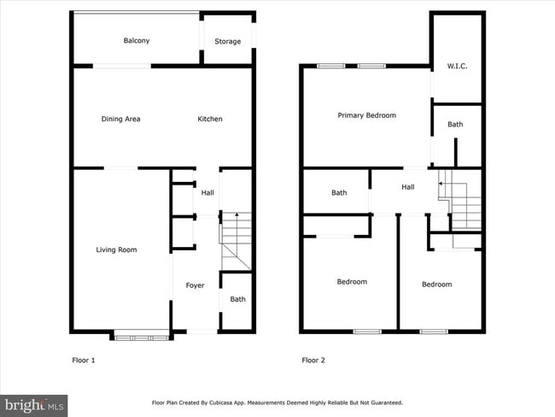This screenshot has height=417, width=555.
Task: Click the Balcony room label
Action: (x=137, y=41)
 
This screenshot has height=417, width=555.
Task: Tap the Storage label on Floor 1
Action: (x=227, y=41)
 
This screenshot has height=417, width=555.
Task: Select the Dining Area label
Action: (x=120, y=119)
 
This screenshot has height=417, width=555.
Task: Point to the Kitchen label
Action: (x=210, y=119)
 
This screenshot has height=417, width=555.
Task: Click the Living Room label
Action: (x=116, y=250)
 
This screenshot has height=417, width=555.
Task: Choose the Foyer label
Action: (x=195, y=285)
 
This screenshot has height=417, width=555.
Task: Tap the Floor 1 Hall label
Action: (x=207, y=193)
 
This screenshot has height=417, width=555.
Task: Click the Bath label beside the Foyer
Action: (x=237, y=299)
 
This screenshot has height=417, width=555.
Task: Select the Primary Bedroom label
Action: (x=366, y=115)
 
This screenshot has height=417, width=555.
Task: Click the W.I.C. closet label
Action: (x=458, y=66)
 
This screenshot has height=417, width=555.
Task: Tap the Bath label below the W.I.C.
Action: (x=455, y=125)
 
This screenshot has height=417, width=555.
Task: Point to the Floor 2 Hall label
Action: (x=407, y=187)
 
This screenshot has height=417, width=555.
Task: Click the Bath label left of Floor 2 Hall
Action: (x=339, y=193)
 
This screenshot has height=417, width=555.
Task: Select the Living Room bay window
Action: (x=143, y=337)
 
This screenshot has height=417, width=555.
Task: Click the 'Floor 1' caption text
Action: (x=83, y=361)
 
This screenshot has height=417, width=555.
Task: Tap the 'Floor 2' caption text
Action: (x=313, y=361)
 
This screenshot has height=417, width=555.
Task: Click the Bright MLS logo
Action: (x=34, y=403)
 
